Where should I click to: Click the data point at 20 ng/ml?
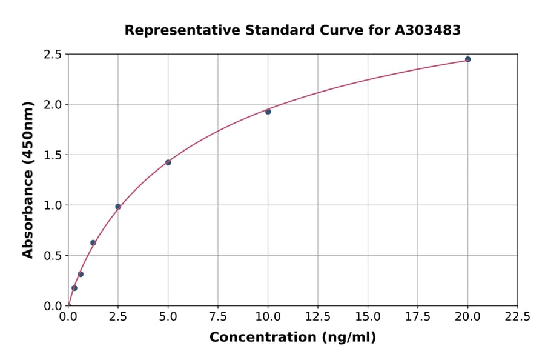tap(467, 59)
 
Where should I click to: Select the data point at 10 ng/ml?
tap(268, 112)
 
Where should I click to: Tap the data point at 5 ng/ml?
tap(168, 162)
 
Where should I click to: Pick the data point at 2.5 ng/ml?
tap(118, 207)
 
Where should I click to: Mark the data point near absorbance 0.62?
tap(93, 242)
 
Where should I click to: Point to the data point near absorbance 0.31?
tap(81, 274)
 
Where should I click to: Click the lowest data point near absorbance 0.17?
tap(74, 288)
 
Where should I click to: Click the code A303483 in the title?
tap(428, 30)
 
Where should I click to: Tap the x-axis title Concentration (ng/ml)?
tap(292, 337)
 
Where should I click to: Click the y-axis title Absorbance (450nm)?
tap(28, 179)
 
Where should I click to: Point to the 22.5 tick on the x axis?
tap(517, 316)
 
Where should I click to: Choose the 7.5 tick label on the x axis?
tap(218, 316)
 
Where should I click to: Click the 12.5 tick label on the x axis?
tap(318, 316)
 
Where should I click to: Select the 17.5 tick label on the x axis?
tap(418, 316)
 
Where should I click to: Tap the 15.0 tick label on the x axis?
tap(368, 316)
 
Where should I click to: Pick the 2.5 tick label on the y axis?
tap(53, 55)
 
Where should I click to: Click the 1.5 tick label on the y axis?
tap(53, 155)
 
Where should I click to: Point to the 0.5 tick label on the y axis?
tap(53, 256)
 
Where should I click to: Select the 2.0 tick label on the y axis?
tap(53, 105)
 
